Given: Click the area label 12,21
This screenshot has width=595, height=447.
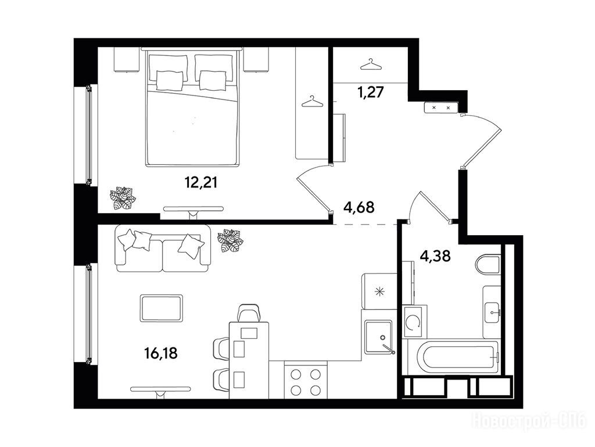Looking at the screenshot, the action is point(201,183).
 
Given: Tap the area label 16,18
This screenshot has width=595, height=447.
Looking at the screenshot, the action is point(161,353).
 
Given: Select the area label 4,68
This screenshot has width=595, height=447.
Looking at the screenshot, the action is point(359,208).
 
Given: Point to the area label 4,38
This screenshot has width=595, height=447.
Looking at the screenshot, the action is point(435,256).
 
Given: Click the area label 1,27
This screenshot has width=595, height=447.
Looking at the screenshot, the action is point(371,92).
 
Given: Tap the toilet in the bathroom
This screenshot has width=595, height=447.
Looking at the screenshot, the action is point(488,265).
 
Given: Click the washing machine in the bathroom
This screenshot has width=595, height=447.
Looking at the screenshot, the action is point(415,321).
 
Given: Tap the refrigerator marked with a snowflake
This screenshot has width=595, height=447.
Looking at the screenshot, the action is point(379,291).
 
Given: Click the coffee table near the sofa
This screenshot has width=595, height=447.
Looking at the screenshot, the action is point(162,308).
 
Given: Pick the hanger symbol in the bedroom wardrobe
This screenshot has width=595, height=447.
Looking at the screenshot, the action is point(312,101).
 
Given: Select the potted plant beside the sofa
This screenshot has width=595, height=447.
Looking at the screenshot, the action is point(230,240).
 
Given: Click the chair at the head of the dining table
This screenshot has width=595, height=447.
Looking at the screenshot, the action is point(249,313).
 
